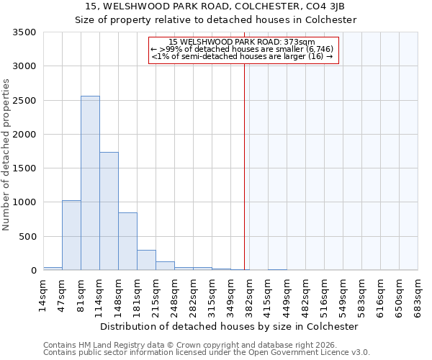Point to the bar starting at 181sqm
click(146, 260)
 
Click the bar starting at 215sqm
click(165, 266)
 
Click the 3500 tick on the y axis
click(25, 32)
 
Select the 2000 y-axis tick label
click(25, 135)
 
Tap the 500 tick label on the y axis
click(28, 237)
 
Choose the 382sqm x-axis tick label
click(249, 295)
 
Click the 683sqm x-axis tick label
click(418, 295)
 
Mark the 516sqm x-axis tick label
click(324, 295)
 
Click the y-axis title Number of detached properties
click(6, 155)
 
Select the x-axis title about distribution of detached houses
click(229, 326)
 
